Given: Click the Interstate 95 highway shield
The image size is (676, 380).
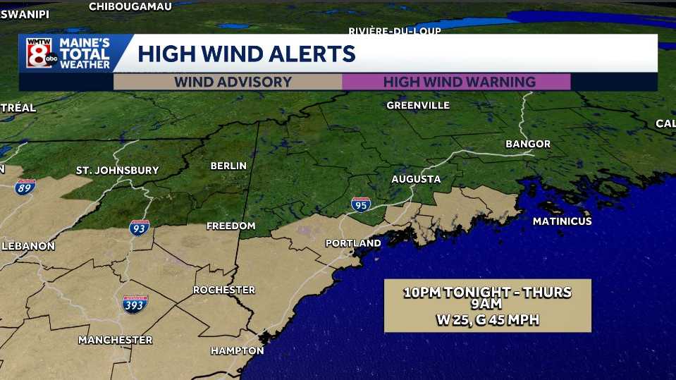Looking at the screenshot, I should pyautogui.click(x=360, y=205).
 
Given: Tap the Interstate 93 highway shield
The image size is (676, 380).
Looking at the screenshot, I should pyautogui.click(x=139, y=228).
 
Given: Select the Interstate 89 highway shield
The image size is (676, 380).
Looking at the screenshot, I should pyautogui.click(x=25, y=187).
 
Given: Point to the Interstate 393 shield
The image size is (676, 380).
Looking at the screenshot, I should pyautogui.click(x=135, y=304).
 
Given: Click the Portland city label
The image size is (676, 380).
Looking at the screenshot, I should pyautogui.click(x=353, y=243).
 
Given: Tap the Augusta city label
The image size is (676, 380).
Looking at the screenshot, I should pyautogui.click(x=416, y=179).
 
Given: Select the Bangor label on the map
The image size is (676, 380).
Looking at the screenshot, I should pyautogui.click(x=528, y=144).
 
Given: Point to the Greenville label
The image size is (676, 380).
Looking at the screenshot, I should pyautogui.click(x=418, y=105).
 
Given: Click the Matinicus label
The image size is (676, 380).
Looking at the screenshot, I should pyautogui.click(x=562, y=221).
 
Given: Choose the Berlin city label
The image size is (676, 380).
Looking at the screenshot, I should pyautogui.click(x=228, y=166).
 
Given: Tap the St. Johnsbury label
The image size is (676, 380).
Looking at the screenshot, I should pyautogui.click(x=118, y=170).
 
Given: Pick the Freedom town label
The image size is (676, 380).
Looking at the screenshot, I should pyautogui.click(x=231, y=226).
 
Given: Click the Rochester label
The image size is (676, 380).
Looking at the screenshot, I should pyautogui.click(x=224, y=290).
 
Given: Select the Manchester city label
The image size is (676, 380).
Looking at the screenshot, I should pyautogui.click(x=115, y=340).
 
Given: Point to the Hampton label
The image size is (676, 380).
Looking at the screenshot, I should pyautogui.click(x=237, y=350).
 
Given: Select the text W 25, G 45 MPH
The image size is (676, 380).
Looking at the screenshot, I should pyautogui.click(x=487, y=319).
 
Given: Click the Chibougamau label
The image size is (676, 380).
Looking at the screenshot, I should pyautogui.click(x=130, y=6).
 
